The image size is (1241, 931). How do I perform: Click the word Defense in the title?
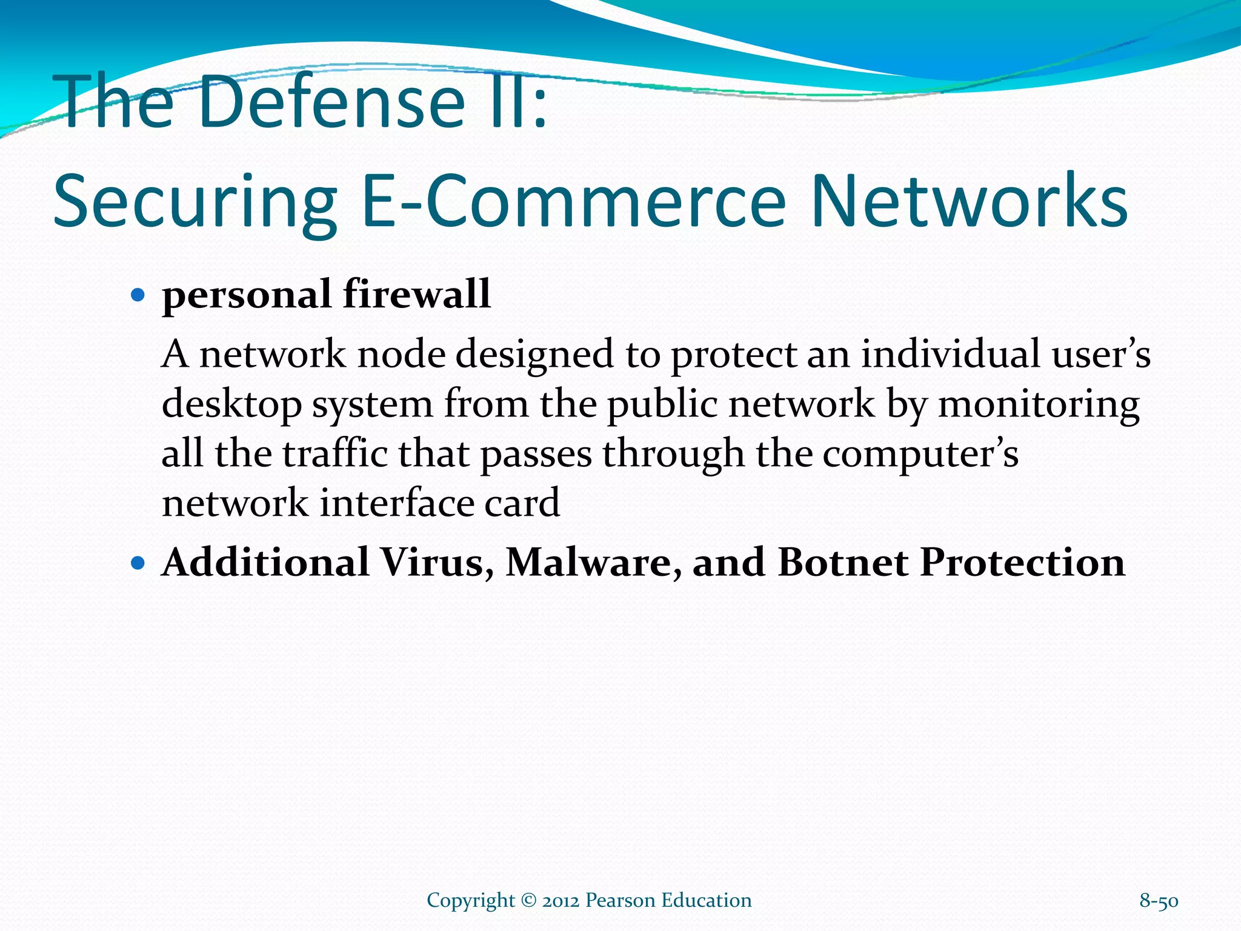pyautogui.click(x=330, y=101)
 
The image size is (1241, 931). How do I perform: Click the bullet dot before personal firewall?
pyautogui.click(x=139, y=296)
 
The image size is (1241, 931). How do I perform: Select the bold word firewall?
pyautogui.click(x=417, y=295)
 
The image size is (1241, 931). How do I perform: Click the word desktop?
pyautogui.click(x=231, y=405)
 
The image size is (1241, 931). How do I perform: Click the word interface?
pyautogui.click(x=396, y=503)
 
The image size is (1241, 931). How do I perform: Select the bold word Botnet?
pyautogui.click(x=843, y=562)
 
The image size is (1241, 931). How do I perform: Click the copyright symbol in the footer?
pyautogui.click(x=528, y=901)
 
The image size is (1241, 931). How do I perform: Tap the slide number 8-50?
pyautogui.click(x=1159, y=901)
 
